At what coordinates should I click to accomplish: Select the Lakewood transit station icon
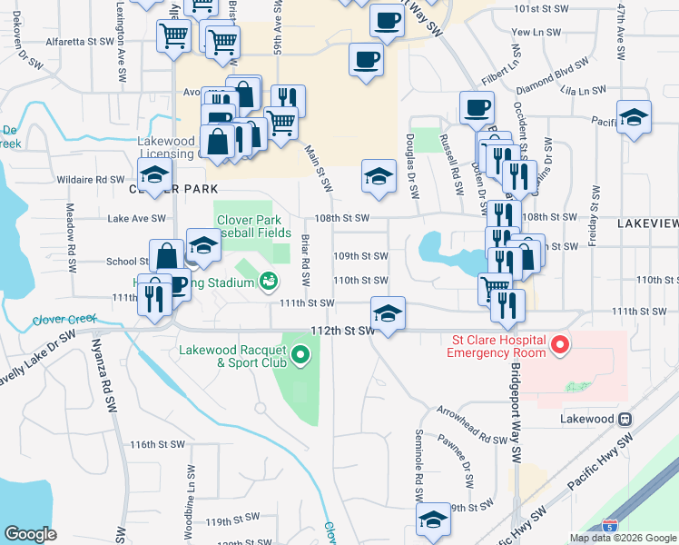click(625, 420)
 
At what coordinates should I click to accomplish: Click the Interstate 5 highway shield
click(608, 524)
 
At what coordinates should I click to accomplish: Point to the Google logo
click(31, 534)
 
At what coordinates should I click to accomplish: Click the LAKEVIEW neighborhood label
click(646, 223)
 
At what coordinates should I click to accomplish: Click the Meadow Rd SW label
click(70, 232)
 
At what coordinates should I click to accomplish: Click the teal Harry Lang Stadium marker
click(269, 282)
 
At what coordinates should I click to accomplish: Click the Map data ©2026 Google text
click(622, 538)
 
